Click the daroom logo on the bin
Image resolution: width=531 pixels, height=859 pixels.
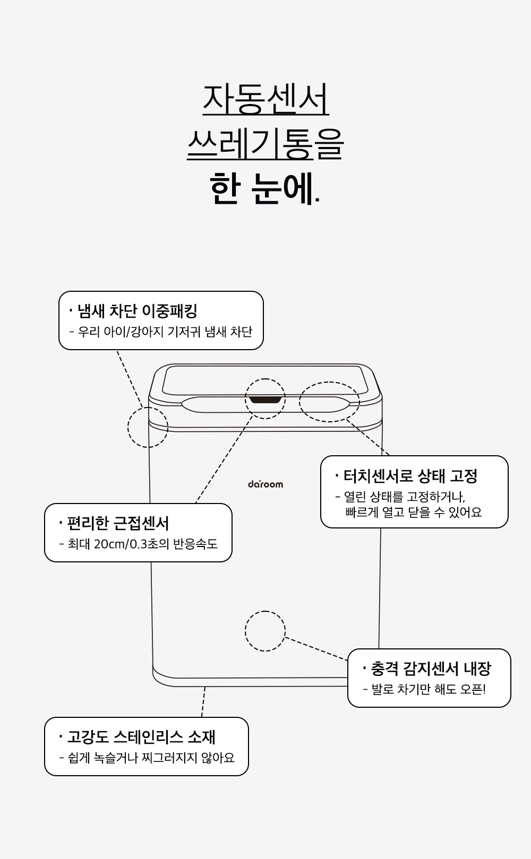click(265, 484)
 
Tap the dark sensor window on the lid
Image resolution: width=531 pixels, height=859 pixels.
click(265, 398)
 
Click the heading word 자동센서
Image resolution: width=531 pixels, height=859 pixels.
click(265, 99)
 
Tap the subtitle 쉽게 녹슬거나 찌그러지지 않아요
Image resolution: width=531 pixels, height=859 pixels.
click(151, 758)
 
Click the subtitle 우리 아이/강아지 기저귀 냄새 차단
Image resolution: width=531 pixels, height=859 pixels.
click(165, 332)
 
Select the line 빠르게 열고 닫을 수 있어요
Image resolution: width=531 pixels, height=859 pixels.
click(413, 513)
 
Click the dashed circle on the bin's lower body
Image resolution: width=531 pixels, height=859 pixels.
click(265, 631)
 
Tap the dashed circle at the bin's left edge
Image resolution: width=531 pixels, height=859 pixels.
click(148, 427)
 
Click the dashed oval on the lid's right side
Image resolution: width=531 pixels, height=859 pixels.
click(329, 402)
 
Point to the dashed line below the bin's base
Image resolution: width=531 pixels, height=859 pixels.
click(203, 701)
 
